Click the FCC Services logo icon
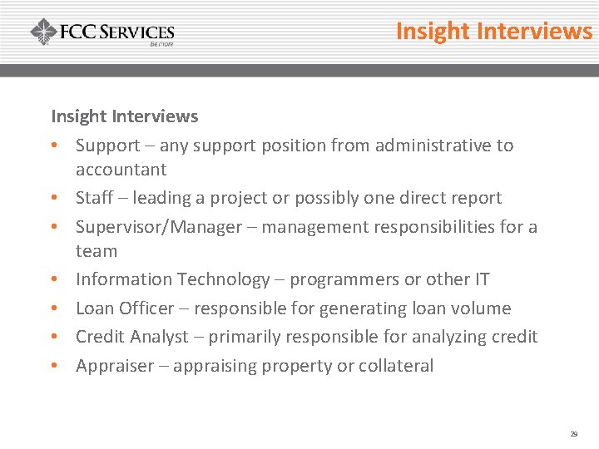(43, 32)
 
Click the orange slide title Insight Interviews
(493, 31)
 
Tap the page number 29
(573, 434)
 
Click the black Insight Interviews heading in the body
(125, 116)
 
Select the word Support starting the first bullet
(107, 146)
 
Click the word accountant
(121, 170)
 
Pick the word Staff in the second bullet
(93, 198)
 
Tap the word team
(97, 250)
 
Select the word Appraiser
(115, 366)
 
